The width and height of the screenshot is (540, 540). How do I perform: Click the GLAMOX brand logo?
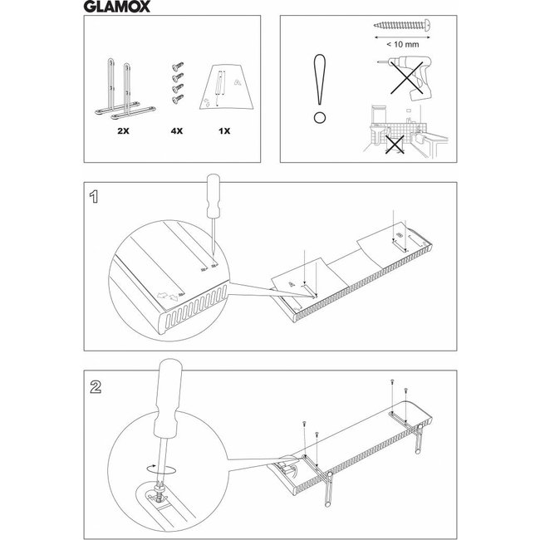tap(121, 12)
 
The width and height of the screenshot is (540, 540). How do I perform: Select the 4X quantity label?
tap(176, 131)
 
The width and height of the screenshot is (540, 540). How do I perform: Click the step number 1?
tap(96, 199)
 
